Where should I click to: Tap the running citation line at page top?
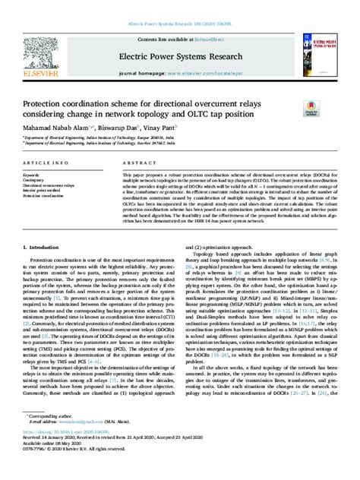coord(180,5)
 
